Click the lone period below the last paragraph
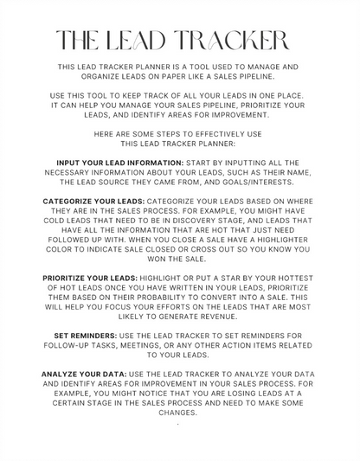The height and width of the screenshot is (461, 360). (177, 425)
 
